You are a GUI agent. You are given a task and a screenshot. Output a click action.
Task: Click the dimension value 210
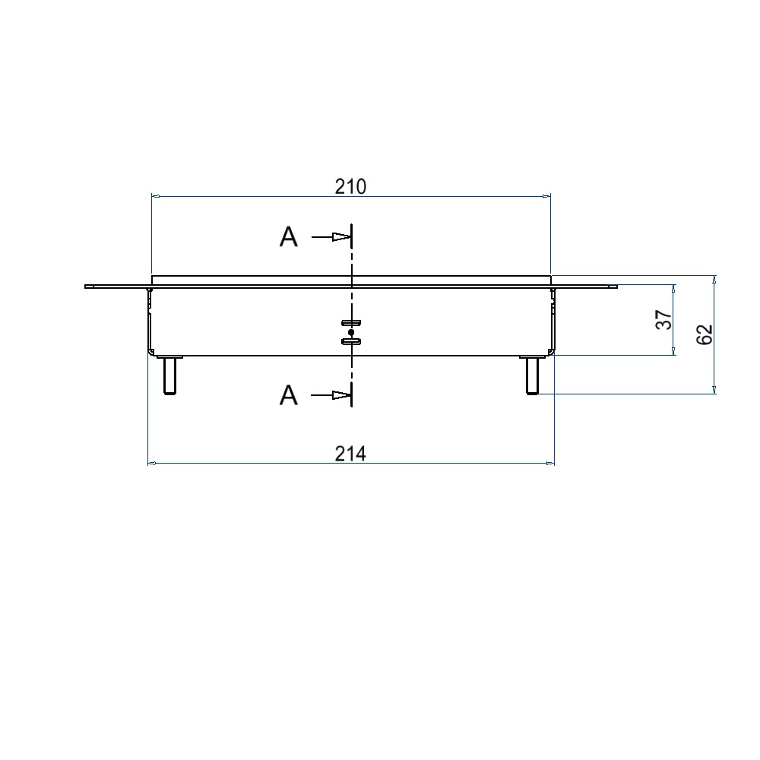[x=350, y=187]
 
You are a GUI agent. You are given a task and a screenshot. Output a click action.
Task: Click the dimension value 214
[x=350, y=454]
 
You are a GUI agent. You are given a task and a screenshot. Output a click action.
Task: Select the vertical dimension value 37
[x=664, y=320]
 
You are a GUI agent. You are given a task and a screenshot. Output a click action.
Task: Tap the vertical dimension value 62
[x=705, y=334]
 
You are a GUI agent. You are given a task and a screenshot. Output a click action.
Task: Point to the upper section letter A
[x=289, y=238]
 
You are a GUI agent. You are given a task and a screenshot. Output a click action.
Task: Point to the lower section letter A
[x=289, y=395]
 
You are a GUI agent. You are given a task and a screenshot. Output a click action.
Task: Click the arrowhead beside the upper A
[x=341, y=238]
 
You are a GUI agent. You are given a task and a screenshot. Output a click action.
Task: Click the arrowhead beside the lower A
[x=341, y=395]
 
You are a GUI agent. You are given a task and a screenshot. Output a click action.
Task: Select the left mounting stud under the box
[x=169, y=375]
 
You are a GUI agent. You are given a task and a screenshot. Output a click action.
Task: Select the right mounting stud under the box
[x=533, y=375]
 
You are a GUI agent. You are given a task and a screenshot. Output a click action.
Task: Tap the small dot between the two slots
[x=350, y=332]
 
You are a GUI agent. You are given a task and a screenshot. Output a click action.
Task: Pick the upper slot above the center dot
[x=350, y=323]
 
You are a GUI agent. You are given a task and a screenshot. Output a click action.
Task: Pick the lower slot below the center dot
[x=350, y=342]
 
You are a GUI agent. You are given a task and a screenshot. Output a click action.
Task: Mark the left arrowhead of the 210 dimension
[x=155, y=197]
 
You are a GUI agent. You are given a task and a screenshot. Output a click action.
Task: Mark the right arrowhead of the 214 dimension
[x=551, y=462]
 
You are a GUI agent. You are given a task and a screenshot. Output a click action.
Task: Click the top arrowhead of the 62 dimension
[x=714, y=279]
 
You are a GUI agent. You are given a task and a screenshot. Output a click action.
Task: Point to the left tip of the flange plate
[x=86, y=287]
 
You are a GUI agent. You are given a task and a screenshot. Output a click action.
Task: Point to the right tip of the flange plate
[x=616, y=287]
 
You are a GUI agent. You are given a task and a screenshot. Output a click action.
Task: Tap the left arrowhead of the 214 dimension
[x=150, y=462]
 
